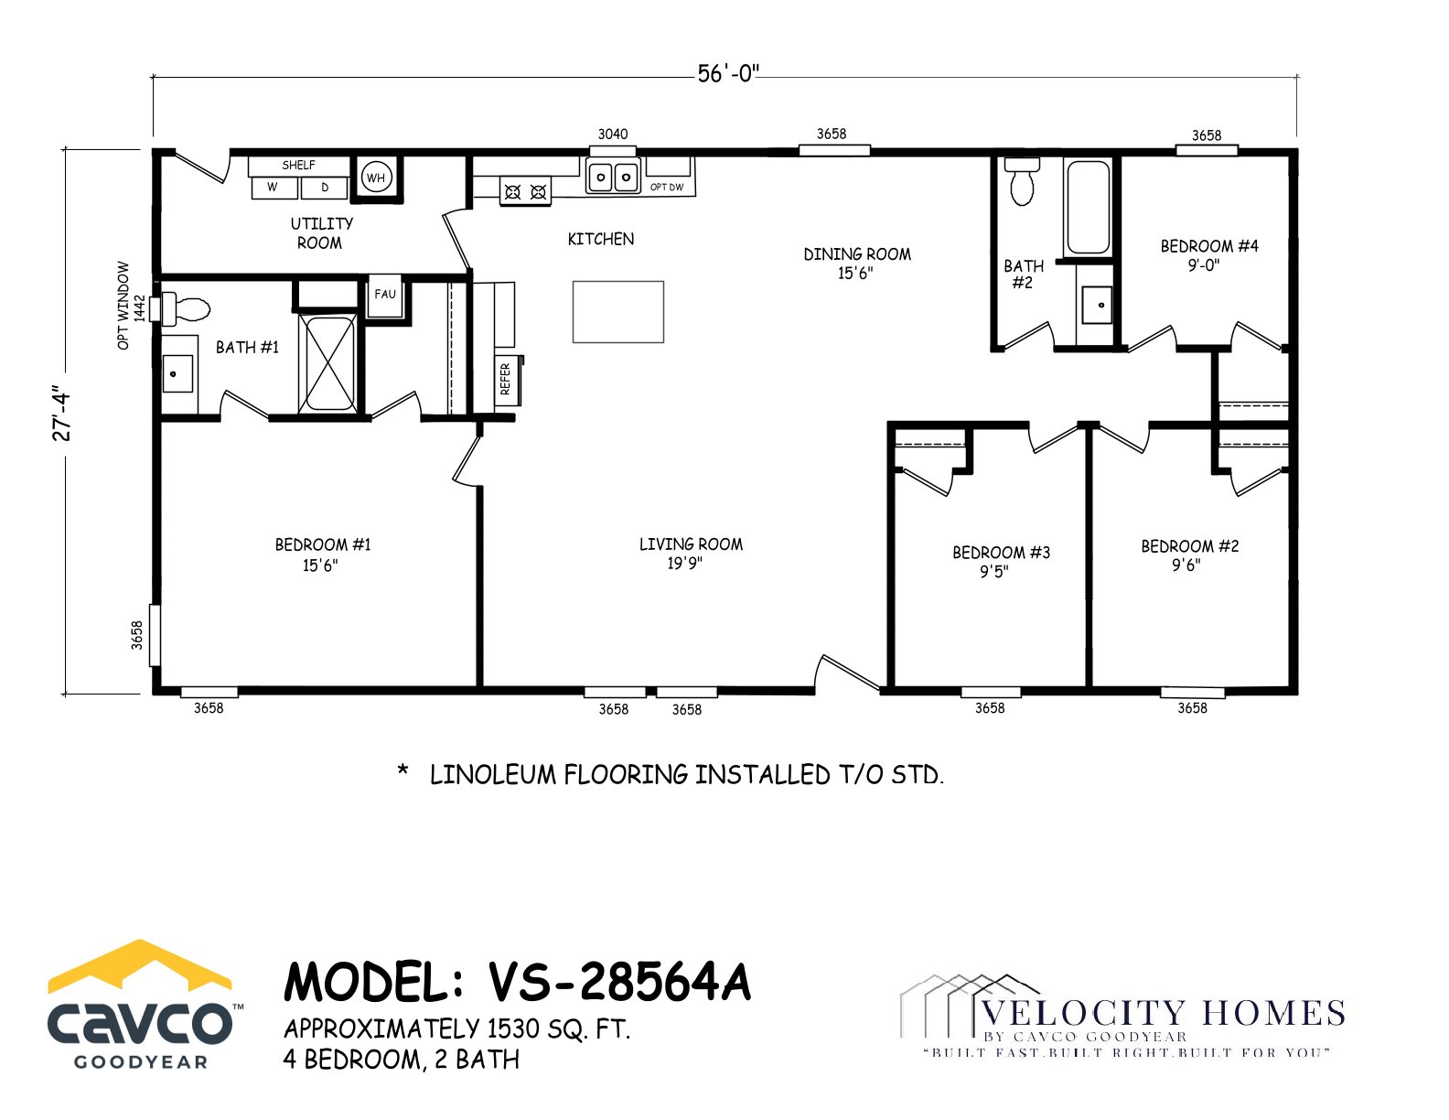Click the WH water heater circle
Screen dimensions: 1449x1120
tap(376, 178)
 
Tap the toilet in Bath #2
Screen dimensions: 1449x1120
tap(1022, 181)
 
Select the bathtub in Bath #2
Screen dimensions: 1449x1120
tap(1088, 208)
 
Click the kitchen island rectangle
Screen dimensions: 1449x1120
tap(617, 311)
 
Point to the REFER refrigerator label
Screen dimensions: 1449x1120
tap(505, 379)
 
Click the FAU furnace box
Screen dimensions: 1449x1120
tap(385, 296)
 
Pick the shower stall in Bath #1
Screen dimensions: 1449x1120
tap(327, 363)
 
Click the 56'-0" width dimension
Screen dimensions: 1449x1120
tap(728, 73)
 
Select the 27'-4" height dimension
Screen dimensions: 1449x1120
tap(61, 413)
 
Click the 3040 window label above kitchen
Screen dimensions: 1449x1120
tap(612, 135)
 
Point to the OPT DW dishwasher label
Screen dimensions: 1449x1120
tap(667, 188)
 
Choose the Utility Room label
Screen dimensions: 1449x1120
tap(321, 232)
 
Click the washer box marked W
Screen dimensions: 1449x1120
tap(274, 188)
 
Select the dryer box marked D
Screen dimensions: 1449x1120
tap(324, 188)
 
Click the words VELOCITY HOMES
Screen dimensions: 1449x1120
tap(1164, 1014)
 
